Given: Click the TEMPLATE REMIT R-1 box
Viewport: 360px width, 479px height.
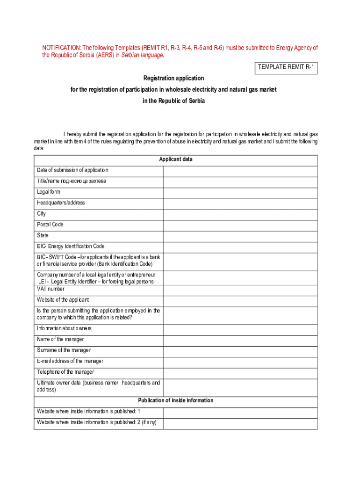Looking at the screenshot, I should coord(286,67).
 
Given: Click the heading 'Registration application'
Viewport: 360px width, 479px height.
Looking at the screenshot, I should coord(173,78).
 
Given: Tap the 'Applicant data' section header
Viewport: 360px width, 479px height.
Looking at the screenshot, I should coord(175,160).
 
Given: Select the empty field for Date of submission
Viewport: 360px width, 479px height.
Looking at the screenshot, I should coord(240,171).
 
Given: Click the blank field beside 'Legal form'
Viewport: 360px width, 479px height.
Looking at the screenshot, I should coord(240,193).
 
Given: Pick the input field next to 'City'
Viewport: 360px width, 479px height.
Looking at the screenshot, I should coord(240,214).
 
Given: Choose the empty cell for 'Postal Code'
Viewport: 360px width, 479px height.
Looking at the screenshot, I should coord(240,225).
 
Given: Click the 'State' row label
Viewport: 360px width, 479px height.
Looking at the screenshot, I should coord(43,235).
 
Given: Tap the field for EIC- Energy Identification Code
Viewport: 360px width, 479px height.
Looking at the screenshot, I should coord(240,247).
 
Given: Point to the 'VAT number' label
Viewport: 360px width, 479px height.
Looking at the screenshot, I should coord(51,289).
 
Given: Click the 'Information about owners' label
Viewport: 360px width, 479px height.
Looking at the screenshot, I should coord(64,328).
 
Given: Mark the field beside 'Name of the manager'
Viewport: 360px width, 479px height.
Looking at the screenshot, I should coord(240,340).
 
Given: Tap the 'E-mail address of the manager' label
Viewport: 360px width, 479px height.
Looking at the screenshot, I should coord(70,361).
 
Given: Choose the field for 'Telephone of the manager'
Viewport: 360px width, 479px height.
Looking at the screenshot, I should coord(240,373).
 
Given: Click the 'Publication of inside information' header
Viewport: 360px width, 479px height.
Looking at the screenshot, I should coord(175,401).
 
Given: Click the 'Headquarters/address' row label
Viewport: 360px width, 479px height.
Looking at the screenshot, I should coord(61,203).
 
